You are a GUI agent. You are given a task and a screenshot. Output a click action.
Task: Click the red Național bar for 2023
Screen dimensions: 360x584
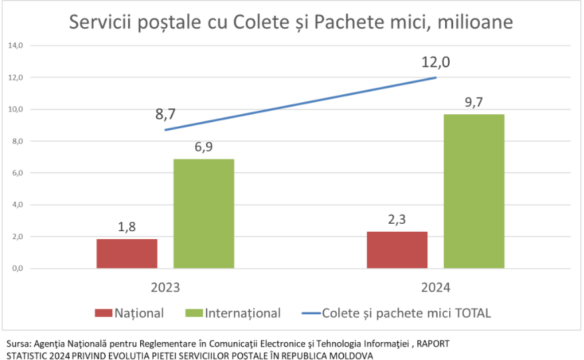click(x=127, y=253)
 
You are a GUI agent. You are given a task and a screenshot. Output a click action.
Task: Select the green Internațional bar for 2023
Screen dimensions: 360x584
click(x=204, y=213)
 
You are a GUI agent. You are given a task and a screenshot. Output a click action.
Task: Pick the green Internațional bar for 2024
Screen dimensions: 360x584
click(x=474, y=191)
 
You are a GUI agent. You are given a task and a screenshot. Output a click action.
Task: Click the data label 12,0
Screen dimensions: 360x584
click(x=436, y=62)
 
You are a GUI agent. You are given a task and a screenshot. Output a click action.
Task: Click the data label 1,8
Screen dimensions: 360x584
click(x=127, y=226)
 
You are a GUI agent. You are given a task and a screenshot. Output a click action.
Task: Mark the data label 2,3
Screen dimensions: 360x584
click(x=397, y=219)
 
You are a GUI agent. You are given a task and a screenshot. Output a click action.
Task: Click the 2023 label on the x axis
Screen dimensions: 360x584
click(x=165, y=288)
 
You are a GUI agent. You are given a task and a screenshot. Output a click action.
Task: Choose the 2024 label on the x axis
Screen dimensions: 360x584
click(x=436, y=288)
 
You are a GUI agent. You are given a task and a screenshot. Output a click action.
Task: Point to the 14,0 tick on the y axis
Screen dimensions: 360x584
click(x=15, y=46)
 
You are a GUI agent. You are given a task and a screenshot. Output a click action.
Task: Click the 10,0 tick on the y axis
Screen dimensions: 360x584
click(x=15, y=110)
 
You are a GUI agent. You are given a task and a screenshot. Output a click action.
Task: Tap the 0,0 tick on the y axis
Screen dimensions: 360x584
click(x=17, y=268)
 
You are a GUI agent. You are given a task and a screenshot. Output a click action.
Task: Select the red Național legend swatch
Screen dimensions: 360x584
click(x=103, y=313)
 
